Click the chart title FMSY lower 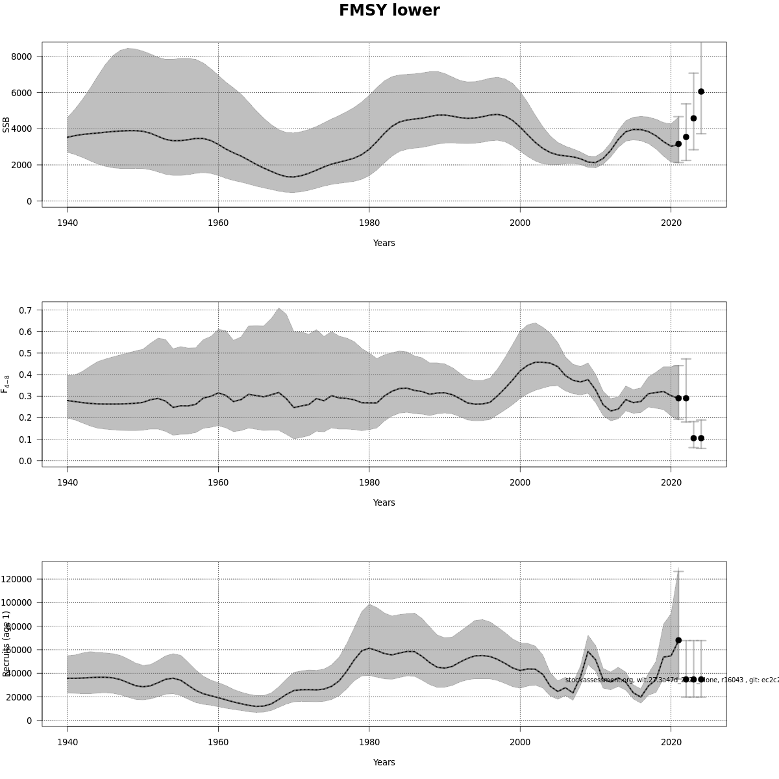point(389,10)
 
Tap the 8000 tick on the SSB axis point(22,56)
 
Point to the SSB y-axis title point(6,125)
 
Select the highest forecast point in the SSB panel point(701,92)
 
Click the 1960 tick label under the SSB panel point(218,223)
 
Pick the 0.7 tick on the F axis point(25,310)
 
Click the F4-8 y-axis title point(6,384)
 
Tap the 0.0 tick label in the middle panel point(25,461)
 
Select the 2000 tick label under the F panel point(520,482)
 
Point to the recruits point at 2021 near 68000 point(678,640)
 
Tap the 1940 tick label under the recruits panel point(68,742)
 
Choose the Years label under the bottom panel point(384,762)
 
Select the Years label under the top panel point(384,243)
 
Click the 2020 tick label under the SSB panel point(671,223)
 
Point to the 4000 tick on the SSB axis point(22,129)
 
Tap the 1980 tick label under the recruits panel point(369,742)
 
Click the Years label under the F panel point(384,502)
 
